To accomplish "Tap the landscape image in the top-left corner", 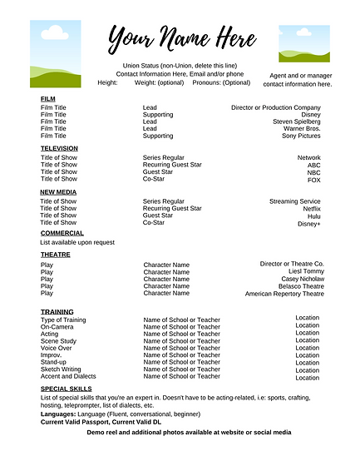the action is (56, 54).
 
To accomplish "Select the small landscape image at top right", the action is (303, 43).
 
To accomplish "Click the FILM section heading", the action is (48, 99).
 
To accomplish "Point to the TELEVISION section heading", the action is (59, 148).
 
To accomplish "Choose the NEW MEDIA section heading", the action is (58, 192).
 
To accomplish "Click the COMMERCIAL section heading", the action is (62, 233).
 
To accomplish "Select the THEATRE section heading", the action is (56, 255).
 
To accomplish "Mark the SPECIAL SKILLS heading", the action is (67, 389).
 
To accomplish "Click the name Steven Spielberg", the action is (296, 121).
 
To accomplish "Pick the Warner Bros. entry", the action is (302, 129).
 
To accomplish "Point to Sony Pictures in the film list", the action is (301, 136).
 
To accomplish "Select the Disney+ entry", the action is (308, 223).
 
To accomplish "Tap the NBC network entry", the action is (313, 172).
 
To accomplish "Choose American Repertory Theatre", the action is (284, 294).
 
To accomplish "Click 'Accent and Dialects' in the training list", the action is (68, 376).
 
